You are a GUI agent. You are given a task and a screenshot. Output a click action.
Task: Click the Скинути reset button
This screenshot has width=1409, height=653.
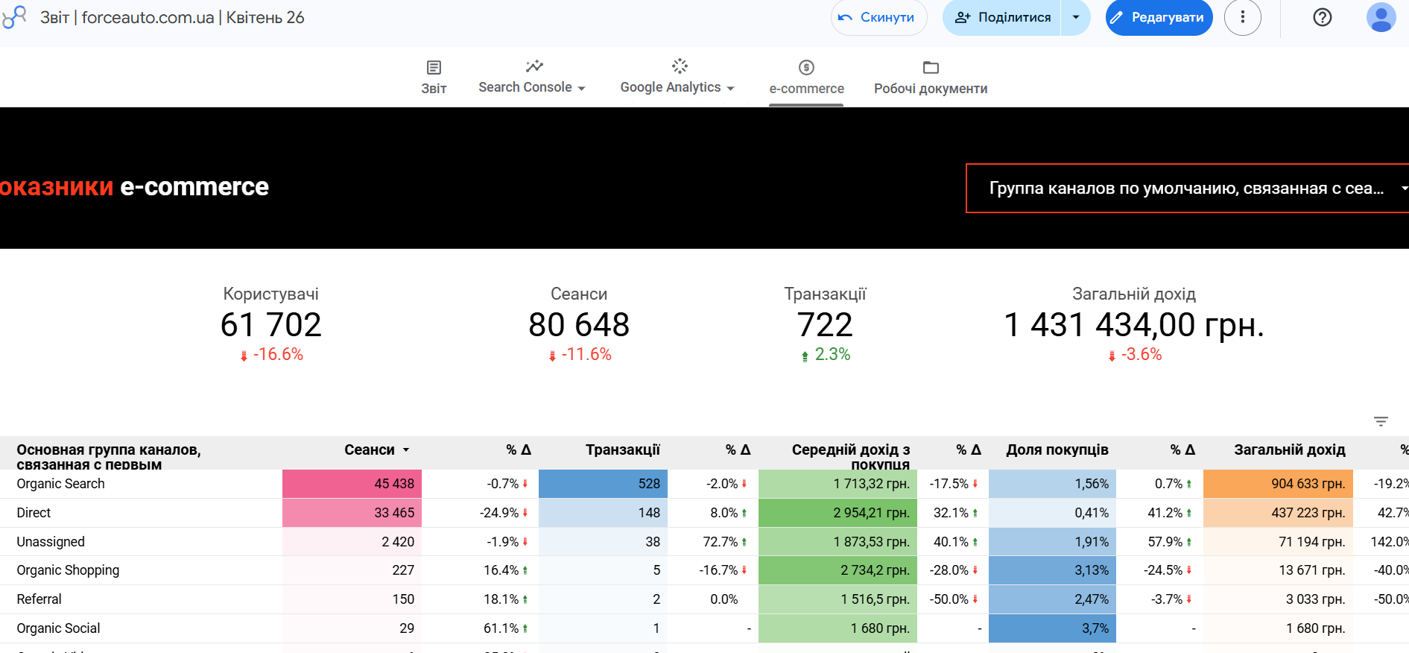click(x=878, y=17)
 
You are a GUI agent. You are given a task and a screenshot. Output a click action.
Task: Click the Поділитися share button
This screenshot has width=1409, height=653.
click(x=1003, y=17)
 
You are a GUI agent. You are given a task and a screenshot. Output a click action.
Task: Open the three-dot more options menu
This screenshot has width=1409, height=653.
click(x=1242, y=17)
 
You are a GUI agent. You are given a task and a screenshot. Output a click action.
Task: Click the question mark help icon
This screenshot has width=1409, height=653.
click(x=1322, y=17)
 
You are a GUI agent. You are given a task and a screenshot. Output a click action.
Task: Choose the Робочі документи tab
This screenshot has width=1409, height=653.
click(x=931, y=78)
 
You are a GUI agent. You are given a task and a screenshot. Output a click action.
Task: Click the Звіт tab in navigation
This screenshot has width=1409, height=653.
click(x=434, y=78)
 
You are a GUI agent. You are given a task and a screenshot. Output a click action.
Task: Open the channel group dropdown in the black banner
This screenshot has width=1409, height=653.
click(x=1187, y=189)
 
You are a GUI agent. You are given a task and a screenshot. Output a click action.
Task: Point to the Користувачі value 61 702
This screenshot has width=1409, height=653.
click(x=271, y=325)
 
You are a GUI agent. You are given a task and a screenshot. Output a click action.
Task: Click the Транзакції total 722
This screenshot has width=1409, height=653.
click(x=825, y=325)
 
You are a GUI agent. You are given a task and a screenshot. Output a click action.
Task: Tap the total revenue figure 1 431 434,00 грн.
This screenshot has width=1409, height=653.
click(x=1133, y=325)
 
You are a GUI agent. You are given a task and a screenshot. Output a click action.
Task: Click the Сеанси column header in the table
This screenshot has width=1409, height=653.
click(x=370, y=449)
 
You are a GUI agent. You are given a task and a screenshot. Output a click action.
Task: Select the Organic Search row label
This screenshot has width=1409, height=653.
click(x=61, y=484)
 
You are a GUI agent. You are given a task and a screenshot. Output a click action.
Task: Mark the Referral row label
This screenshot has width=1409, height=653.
click(x=39, y=599)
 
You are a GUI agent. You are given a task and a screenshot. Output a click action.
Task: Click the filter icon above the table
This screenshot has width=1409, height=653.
click(x=1381, y=422)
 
